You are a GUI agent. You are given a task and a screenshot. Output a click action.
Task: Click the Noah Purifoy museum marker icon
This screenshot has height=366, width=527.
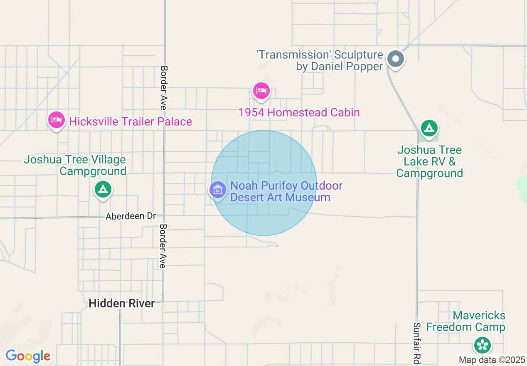[217, 190]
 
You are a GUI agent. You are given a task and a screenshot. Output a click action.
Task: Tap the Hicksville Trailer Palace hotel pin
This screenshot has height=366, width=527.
[56, 120]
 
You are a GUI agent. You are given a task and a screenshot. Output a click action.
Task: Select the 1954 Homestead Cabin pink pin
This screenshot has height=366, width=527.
[261, 90]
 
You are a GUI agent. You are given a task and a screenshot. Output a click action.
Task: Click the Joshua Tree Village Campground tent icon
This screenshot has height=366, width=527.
[103, 190]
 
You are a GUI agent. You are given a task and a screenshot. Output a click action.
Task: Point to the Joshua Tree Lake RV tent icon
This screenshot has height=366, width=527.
[429, 128]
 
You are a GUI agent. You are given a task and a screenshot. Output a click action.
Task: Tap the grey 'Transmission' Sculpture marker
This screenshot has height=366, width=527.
[396, 59]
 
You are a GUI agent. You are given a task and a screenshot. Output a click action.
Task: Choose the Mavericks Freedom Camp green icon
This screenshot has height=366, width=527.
[483, 345]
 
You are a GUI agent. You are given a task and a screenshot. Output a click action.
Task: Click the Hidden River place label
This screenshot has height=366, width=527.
[122, 304]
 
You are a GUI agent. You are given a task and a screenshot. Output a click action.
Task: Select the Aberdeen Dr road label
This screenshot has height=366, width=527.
[131, 216]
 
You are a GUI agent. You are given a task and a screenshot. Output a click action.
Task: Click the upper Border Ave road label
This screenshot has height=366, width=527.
[164, 87]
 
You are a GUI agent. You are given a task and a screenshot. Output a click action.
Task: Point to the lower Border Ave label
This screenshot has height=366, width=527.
[163, 246]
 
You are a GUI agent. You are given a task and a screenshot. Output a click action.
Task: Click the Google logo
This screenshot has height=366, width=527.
[28, 356]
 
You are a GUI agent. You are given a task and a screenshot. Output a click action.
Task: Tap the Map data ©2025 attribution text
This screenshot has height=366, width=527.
[492, 360]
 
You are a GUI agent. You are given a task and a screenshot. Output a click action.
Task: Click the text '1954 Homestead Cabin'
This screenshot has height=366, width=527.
[299, 112]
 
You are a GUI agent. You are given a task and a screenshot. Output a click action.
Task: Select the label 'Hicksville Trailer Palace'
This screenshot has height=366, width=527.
[131, 121]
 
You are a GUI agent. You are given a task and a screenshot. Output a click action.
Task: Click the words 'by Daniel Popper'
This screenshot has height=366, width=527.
[339, 67]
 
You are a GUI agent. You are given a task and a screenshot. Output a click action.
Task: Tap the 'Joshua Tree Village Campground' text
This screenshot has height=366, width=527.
[75, 165]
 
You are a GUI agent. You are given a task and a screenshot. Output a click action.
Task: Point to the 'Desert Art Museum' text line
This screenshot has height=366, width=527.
[280, 197]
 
